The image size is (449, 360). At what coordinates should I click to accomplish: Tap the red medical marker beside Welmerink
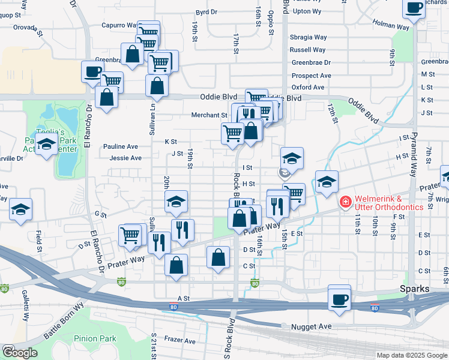(345, 201)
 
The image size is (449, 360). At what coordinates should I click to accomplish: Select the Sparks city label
(415, 289)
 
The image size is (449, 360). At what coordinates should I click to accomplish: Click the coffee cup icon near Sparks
(340, 298)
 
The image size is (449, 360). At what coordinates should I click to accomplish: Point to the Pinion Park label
(95, 339)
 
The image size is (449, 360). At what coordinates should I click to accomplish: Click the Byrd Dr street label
(206, 12)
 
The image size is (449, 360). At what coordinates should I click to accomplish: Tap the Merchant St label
(209, 115)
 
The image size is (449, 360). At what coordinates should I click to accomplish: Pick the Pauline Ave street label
(120, 146)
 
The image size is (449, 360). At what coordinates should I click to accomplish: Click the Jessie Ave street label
(125, 158)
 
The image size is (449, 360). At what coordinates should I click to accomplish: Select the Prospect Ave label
(311, 76)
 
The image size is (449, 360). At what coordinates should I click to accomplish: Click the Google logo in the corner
(19, 353)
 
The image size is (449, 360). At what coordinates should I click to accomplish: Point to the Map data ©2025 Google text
(411, 355)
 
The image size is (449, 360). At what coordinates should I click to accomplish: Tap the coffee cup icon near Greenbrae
(93, 73)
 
